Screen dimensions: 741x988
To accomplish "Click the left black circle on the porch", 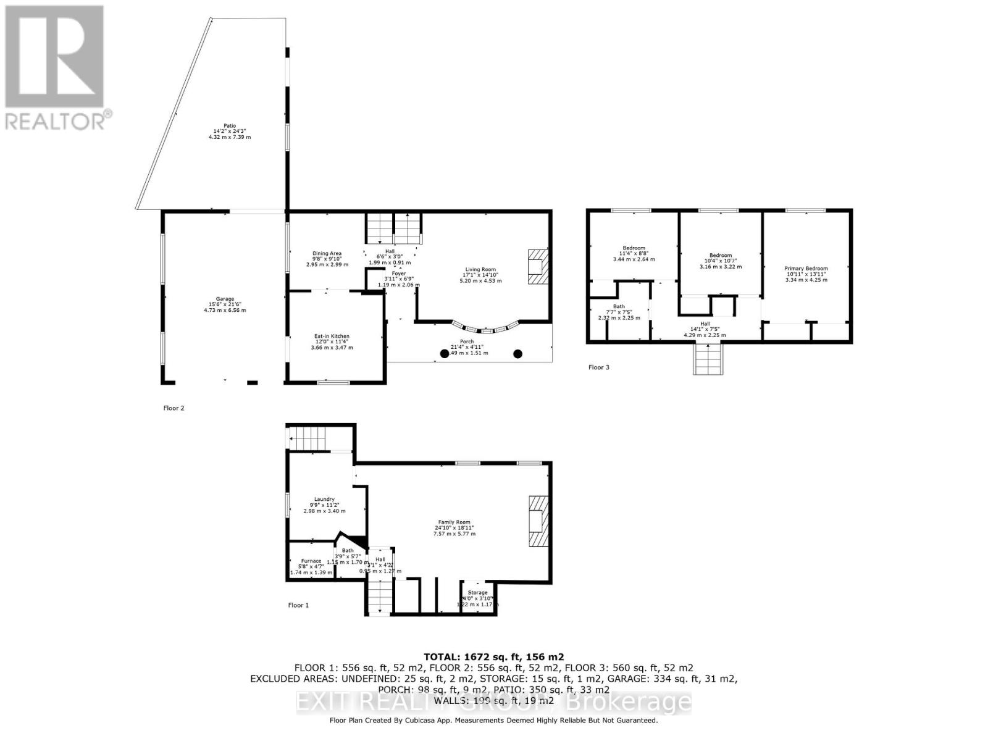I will pyautogui.click(x=445, y=354).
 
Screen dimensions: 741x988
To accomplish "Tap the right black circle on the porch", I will pyautogui.click(x=518, y=354).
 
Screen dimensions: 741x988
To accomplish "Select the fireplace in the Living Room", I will pyautogui.click(x=537, y=267).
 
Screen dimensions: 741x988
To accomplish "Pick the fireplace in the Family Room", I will pyautogui.click(x=537, y=521).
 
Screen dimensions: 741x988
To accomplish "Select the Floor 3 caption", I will pyautogui.click(x=598, y=367).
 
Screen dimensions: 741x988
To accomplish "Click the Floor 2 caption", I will pyautogui.click(x=174, y=408).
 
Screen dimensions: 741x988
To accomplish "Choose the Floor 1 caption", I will pyautogui.click(x=298, y=605).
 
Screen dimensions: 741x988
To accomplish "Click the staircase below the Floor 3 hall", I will pyautogui.click(x=708, y=359).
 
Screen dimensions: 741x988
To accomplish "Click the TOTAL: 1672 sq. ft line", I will pyautogui.click(x=493, y=657).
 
